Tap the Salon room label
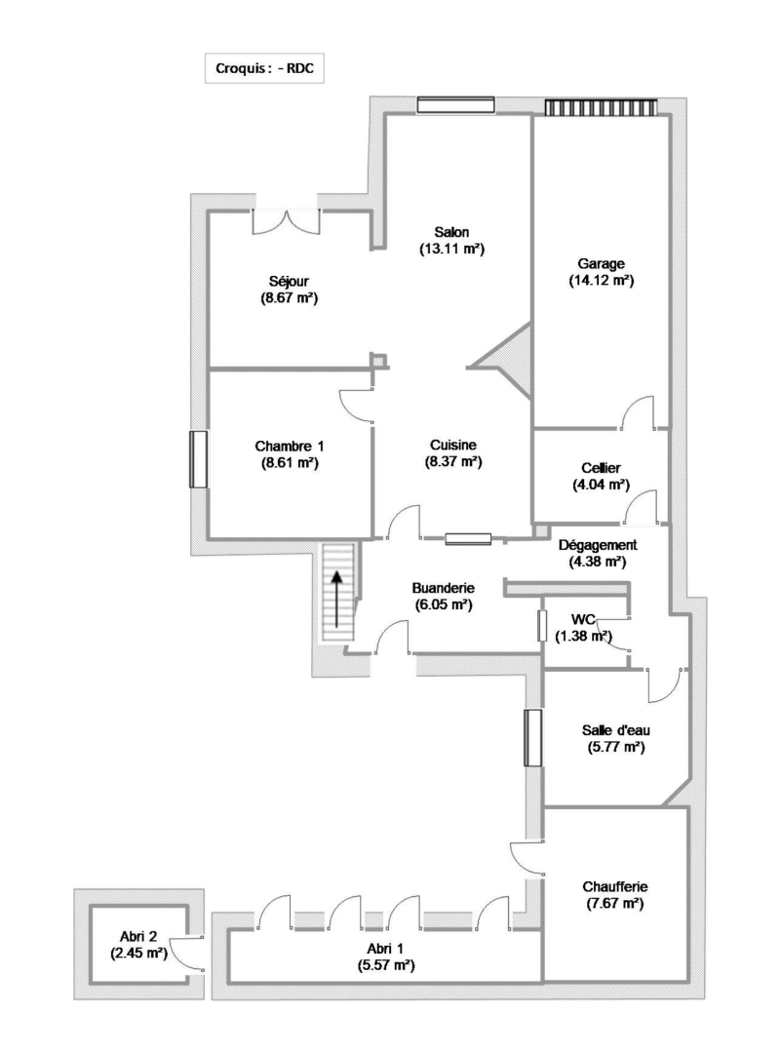click(452, 232)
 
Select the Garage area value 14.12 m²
click(601, 280)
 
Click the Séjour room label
click(290, 281)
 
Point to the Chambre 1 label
click(290, 447)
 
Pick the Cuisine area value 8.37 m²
click(453, 462)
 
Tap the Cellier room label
click(600, 468)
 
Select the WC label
click(583, 618)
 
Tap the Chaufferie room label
click(615, 886)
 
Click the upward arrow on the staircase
click(337, 601)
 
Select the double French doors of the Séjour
click(286, 218)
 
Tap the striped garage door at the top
click(601, 106)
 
